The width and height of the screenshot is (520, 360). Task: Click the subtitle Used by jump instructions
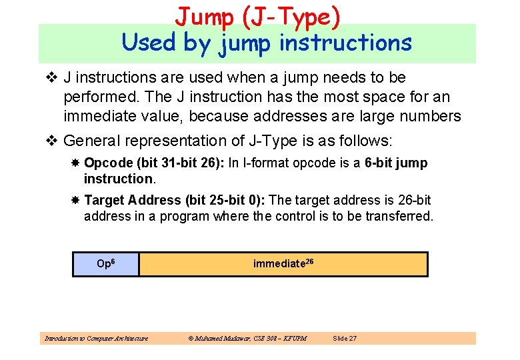(x=267, y=43)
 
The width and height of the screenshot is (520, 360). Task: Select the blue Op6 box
(x=106, y=264)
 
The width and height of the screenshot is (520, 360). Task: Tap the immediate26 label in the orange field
(x=283, y=264)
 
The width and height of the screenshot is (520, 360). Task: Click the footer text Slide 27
(x=345, y=339)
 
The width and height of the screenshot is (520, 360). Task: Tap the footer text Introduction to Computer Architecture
(x=96, y=339)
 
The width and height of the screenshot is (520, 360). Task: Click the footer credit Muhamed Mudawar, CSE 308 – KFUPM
(x=247, y=339)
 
